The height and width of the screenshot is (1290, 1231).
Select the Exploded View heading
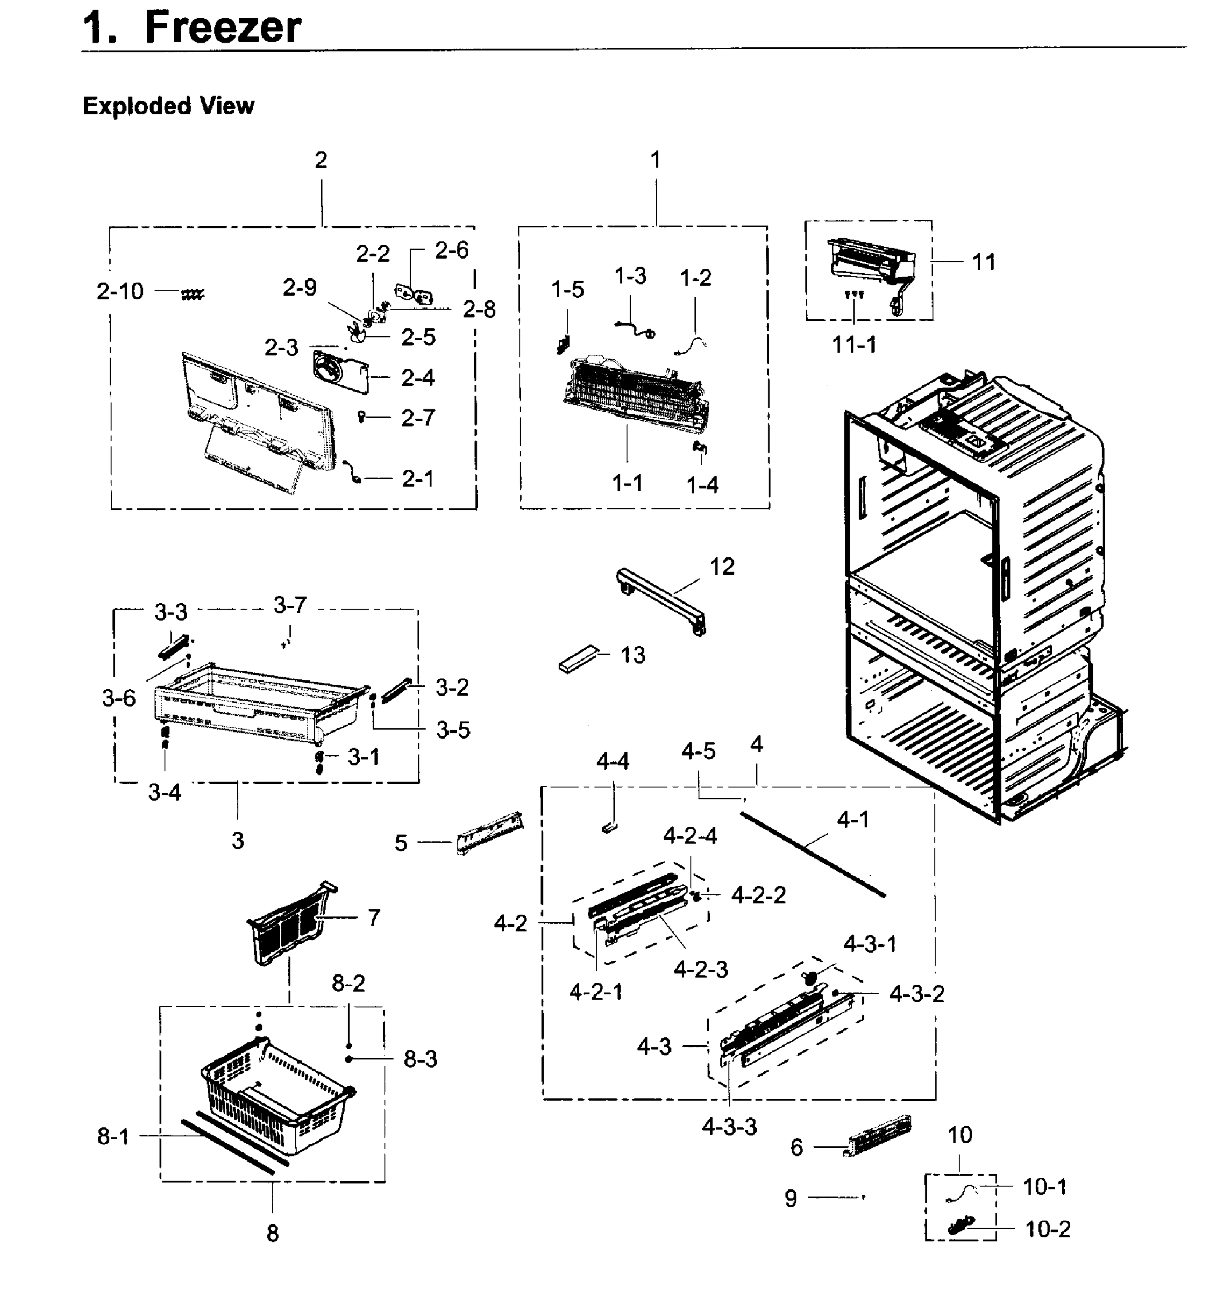(169, 105)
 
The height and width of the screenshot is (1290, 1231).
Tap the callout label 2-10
(119, 291)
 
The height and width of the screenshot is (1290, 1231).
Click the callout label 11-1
(855, 345)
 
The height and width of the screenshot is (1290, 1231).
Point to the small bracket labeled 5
(489, 835)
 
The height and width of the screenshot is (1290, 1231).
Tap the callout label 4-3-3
(729, 1127)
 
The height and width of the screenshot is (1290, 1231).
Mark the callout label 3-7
(290, 605)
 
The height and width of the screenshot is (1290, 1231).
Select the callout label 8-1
(113, 1136)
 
